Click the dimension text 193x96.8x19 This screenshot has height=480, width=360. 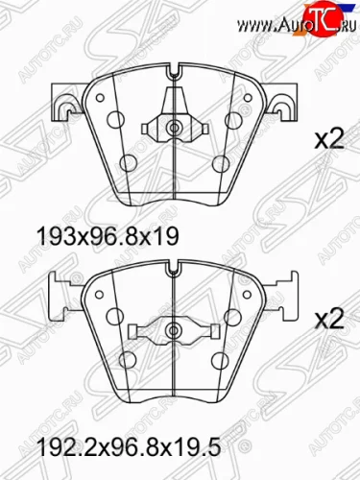click(x=108, y=237)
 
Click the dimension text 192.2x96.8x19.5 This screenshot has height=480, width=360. click(x=130, y=446)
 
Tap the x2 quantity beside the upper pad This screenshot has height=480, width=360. click(x=329, y=140)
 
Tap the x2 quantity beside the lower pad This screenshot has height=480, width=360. click(x=329, y=319)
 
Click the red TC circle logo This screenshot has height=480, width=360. click(x=323, y=18)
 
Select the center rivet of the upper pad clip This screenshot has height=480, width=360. click(x=174, y=128)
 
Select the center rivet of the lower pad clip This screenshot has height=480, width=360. click(x=174, y=330)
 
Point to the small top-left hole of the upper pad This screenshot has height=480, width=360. click(x=101, y=98)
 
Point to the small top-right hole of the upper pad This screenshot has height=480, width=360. click(x=247, y=98)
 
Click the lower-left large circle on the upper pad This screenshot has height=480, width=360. click(x=129, y=163)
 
